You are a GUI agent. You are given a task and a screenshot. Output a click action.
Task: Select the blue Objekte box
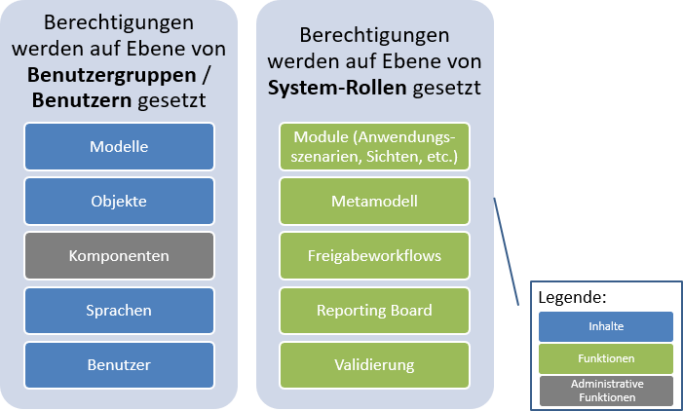118,201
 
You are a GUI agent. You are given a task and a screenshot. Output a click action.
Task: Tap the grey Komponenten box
118,255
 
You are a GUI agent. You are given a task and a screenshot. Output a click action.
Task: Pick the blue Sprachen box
118,310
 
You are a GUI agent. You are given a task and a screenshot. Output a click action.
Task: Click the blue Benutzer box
118,364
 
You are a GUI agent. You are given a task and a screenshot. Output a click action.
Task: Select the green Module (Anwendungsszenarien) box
374,146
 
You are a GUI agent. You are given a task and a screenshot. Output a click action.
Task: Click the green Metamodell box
374,201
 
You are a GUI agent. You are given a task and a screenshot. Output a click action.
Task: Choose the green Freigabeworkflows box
374,255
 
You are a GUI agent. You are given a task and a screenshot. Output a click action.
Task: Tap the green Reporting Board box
374,310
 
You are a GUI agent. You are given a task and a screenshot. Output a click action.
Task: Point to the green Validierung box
374,364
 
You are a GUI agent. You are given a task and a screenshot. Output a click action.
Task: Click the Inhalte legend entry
606,326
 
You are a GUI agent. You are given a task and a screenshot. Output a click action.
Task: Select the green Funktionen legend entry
606,358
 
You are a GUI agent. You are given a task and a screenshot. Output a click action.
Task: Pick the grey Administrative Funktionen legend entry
606,390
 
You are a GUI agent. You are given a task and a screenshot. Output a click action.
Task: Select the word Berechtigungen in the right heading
374,36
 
